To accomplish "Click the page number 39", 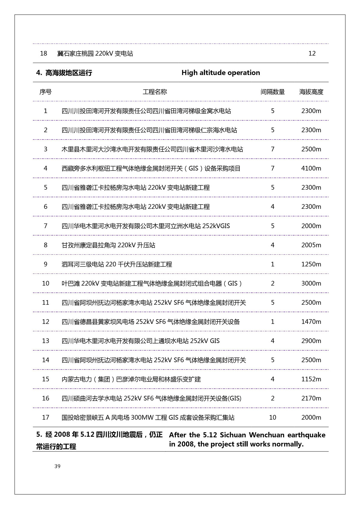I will point(58,466).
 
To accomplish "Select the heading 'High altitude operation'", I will point(220,73).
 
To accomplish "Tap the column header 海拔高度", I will point(311,92).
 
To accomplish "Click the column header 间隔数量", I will point(272,92).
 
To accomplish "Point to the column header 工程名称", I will point(155,92).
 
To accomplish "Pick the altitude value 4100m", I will point(311,168).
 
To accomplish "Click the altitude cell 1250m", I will point(311,264).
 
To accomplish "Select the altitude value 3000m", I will point(311,283).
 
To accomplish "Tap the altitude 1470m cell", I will point(311,322).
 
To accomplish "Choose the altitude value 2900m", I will point(311,341).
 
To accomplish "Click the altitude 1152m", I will point(311,379).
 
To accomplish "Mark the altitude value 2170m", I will point(311,398).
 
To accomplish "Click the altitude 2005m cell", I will point(311,245).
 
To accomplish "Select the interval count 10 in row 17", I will point(272,418).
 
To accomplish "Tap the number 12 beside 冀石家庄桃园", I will point(312,53).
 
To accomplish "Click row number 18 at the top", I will point(43,53).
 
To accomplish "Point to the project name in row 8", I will point(108,245).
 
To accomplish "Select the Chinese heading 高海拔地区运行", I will point(68,73).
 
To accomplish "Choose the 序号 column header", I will point(46,92).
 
